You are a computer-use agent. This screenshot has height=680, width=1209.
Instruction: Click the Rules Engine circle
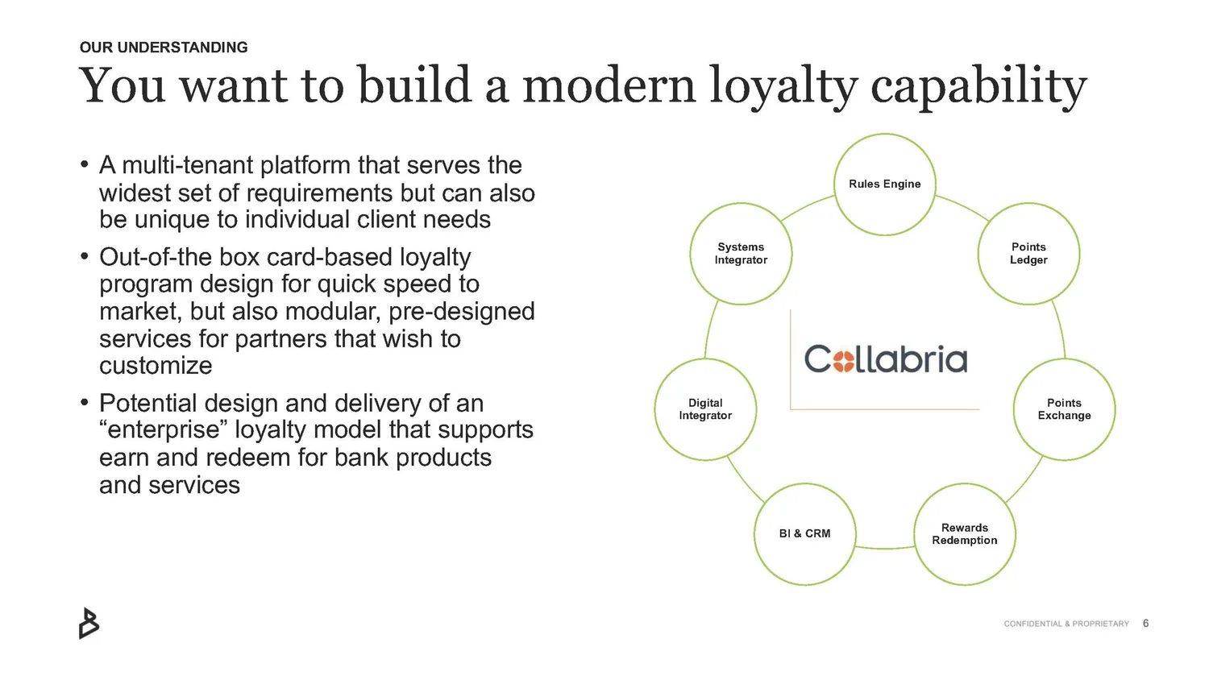click(x=884, y=185)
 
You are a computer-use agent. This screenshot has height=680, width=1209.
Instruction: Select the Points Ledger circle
click(x=1028, y=254)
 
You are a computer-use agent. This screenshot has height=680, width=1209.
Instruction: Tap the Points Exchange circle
click(x=1064, y=409)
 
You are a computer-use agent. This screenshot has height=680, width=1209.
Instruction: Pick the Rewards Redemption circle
click(x=965, y=534)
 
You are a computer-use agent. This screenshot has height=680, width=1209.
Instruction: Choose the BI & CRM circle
click(x=804, y=534)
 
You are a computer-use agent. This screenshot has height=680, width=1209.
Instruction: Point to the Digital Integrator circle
click(x=705, y=409)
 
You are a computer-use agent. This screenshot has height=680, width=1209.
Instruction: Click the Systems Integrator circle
click(x=741, y=254)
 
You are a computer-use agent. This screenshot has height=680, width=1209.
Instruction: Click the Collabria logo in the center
click(x=885, y=359)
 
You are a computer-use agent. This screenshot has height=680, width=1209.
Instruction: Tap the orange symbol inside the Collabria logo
click(x=843, y=360)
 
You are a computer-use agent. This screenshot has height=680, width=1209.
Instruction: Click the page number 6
click(x=1145, y=624)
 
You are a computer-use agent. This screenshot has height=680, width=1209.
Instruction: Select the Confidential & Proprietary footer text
click(x=1066, y=624)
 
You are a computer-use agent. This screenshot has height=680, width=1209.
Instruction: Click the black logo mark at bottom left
click(x=89, y=624)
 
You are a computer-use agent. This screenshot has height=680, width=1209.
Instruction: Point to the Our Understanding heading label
click(x=164, y=48)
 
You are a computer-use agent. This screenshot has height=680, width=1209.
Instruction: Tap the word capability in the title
click(x=978, y=86)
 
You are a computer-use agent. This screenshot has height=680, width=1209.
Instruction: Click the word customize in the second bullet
click(x=156, y=366)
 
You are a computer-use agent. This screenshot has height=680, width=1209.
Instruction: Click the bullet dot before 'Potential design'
click(x=84, y=403)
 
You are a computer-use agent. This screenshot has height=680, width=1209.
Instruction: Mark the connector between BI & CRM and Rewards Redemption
click(x=885, y=548)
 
